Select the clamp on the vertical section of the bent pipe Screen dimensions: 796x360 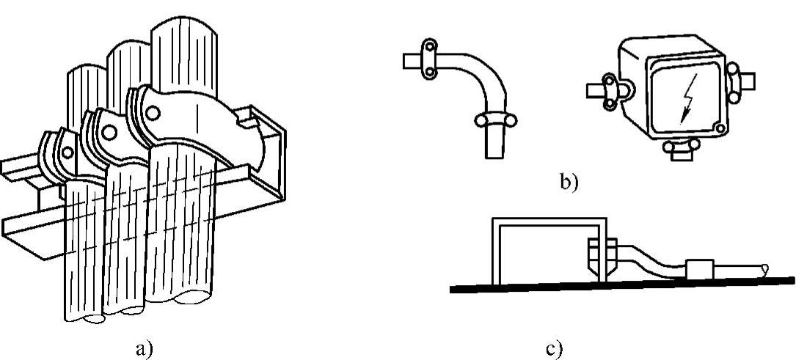pyautogui.click(x=494, y=120)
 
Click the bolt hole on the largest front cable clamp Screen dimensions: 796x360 pyautogui.click(x=153, y=114)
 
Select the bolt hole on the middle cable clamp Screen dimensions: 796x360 pyautogui.click(x=108, y=132)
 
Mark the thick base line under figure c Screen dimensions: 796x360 pyautogui.click(x=624, y=284)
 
